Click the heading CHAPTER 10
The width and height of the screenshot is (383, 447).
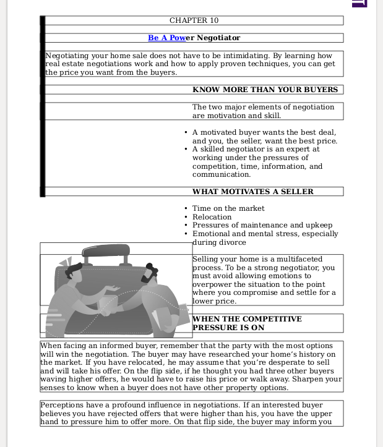pos(194,20)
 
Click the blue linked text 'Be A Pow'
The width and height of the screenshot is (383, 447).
pos(166,38)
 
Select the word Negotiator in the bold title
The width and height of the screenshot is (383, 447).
pos(218,38)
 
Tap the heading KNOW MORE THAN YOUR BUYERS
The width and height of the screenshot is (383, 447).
pos(265,90)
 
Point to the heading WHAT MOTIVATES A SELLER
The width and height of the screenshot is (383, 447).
pos(252,192)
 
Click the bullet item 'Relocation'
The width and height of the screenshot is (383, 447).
pos(212,217)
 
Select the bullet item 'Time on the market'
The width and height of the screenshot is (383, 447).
pos(228,208)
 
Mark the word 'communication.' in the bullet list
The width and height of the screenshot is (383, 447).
pos(221,175)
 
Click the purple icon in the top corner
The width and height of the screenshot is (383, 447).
pos(359,3)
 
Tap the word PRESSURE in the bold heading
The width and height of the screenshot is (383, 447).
pos(214,328)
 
